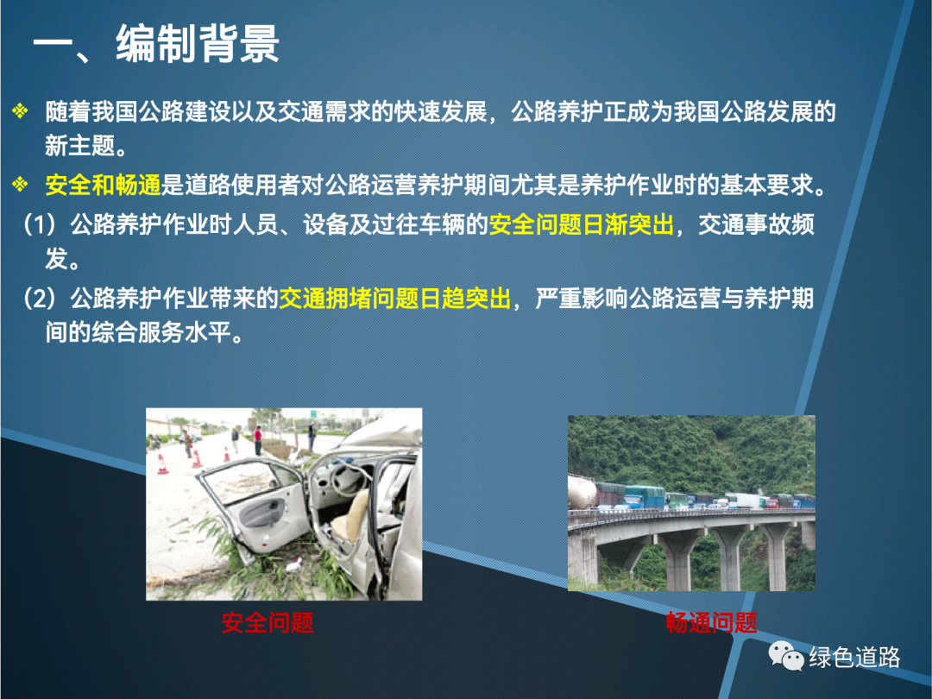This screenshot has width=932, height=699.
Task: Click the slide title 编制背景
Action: tap(198, 44)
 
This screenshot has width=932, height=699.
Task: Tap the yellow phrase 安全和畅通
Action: tap(104, 186)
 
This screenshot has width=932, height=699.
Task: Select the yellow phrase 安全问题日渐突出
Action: tap(582, 224)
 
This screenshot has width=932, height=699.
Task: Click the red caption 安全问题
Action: tap(268, 623)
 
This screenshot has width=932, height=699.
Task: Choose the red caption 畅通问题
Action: tap(711, 623)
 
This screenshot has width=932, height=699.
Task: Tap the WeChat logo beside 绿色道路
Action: tap(786, 656)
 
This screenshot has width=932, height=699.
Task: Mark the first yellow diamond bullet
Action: tap(20, 111)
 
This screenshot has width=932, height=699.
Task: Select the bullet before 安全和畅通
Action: tap(20, 185)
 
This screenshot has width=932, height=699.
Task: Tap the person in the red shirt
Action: tap(258, 440)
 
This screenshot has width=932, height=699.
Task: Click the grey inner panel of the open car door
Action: tap(261, 511)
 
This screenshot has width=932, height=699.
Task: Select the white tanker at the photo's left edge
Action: tap(582, 492)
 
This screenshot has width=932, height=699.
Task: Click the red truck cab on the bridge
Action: tap(773, 503)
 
